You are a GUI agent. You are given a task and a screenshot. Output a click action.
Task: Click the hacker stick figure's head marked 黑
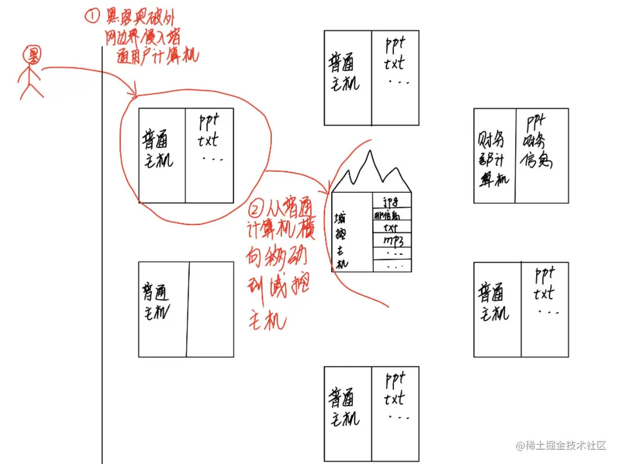(x=32, y=55)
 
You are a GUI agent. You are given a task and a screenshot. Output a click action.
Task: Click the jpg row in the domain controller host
(x=390, y=201)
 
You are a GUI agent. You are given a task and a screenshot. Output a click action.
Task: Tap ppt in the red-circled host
(x=209, y=122)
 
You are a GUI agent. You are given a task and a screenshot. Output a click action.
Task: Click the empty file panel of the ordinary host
(x=210, y=309)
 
